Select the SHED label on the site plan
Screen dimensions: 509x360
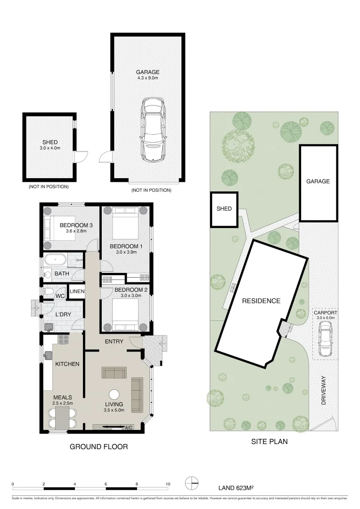pos(224,209)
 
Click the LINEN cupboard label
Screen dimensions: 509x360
pos(77,292)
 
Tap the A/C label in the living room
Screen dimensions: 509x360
pos(128,427)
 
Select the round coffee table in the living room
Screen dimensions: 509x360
pos(114,394)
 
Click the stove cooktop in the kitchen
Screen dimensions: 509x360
pos(63,338)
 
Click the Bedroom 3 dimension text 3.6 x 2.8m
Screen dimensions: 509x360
pos(75,232)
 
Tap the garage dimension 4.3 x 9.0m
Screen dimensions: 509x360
pos(148,78)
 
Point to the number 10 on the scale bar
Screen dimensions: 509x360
pos(167,484)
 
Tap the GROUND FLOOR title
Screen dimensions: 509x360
pos(98,446)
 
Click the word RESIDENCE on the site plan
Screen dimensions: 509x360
pos(262,301)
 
